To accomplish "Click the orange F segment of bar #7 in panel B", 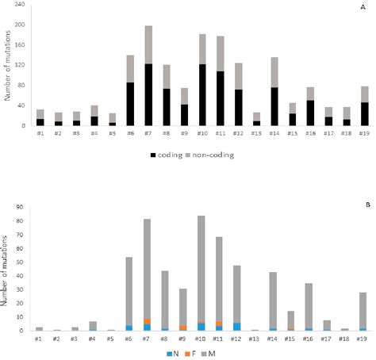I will pos(148,321).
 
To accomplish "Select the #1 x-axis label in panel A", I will pos(40,135).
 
